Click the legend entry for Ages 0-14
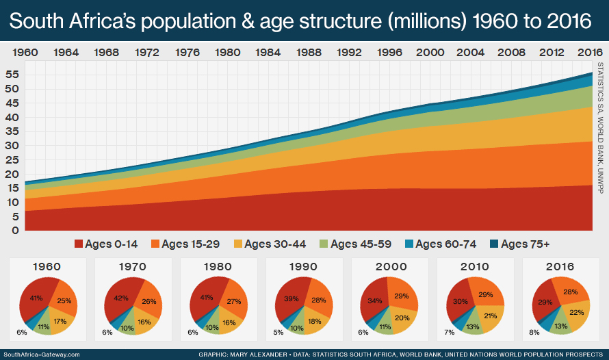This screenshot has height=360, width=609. pos(105,244)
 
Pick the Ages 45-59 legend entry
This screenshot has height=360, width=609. pos(362,244)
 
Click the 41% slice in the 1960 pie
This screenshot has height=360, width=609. pos(36,298)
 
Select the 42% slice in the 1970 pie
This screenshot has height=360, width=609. pos(121,298)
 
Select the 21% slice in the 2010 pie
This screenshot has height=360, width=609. pos(489,316)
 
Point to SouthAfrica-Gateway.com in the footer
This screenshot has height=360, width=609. pos(41,354)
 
